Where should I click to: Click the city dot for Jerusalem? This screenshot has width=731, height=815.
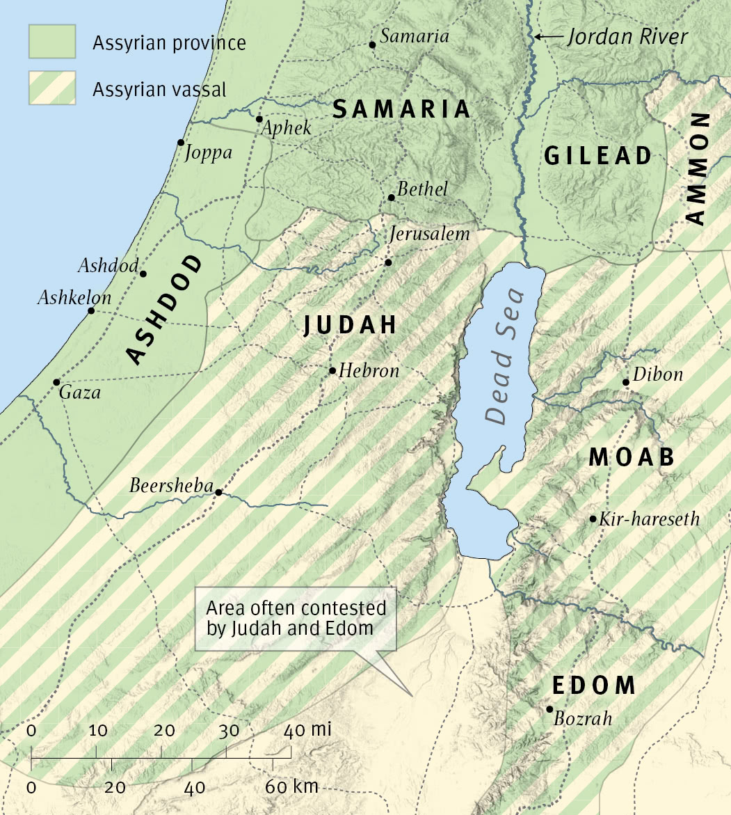coord(388,262)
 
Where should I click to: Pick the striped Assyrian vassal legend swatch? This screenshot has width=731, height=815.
coord(52,88)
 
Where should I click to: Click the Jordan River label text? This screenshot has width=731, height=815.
coord(627,37)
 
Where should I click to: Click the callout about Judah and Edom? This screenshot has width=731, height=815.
coord(296,618)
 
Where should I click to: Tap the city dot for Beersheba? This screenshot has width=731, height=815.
coord(218,492)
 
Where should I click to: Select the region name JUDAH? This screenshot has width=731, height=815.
coord(350,325)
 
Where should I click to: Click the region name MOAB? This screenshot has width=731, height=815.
coord(632,457)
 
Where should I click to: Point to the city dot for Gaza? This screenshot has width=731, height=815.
coord(56,382)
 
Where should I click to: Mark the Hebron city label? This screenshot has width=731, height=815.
coord(369,371)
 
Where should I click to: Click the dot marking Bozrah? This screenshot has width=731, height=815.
coord(549,709)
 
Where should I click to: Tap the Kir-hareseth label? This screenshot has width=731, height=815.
coord(649,519)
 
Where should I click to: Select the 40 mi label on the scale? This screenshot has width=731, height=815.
coord(307,730)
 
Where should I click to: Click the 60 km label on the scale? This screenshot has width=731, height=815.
coord(292,787)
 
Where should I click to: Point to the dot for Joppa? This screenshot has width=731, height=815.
coord(180,142)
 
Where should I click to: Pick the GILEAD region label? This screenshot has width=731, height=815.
coord(598,155)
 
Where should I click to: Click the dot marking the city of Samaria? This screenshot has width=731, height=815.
coord(372,45)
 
